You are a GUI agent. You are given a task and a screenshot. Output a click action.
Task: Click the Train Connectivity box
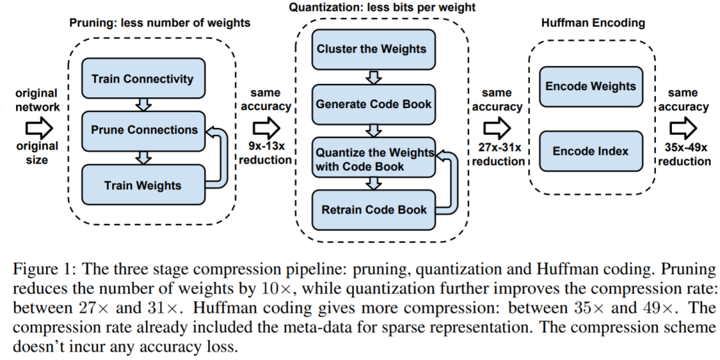point(143,78)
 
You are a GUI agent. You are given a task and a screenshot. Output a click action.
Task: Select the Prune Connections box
point(143,131)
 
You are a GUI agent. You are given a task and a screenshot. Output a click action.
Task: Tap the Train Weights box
point(143,185)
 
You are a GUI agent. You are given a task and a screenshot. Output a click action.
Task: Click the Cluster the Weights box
point(373,49)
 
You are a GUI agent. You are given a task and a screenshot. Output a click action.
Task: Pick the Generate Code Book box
point(373,104)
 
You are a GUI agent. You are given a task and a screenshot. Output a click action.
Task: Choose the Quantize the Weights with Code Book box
point(373,157)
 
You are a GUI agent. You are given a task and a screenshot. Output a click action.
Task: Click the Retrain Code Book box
point(373,210)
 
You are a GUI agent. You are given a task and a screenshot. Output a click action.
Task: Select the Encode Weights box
point(591,87)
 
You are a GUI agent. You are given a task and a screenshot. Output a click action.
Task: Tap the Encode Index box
point(591,151)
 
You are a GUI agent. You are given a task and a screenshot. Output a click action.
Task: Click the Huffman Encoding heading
point(593,23)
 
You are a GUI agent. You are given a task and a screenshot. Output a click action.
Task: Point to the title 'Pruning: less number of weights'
point(160,23)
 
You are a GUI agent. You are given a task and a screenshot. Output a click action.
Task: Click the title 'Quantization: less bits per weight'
point(382,7)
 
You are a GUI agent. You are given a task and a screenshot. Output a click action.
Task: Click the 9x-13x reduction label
point(265,153)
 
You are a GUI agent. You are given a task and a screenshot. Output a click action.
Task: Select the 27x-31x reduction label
point(498,154)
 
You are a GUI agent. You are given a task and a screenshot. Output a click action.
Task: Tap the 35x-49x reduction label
point(684,154)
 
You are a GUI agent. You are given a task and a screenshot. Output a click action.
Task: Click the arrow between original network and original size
point(39,127)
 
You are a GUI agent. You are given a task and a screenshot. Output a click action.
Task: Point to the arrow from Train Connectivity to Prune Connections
point(144,105)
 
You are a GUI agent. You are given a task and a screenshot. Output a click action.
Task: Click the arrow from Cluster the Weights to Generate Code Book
point(374,77)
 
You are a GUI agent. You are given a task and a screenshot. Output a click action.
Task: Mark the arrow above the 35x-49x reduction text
point(683,127)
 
